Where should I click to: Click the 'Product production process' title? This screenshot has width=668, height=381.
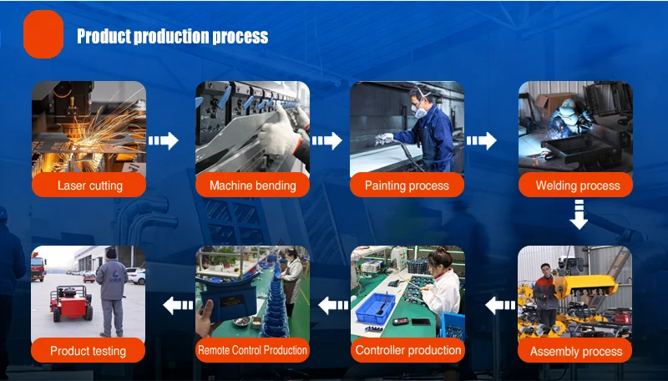pyautogui.click(x=173, y=36)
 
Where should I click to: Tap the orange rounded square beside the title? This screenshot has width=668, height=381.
pyautogui.click(x=43, y=34)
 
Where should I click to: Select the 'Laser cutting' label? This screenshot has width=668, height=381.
pyautogui.click(x=90, y=185)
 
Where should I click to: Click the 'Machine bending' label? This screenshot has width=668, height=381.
pyautogui.click(x=253, y=185)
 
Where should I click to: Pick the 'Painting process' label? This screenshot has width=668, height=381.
pyautogui.click(x=407, y=185)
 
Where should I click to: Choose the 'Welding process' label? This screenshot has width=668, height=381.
pyautogui.click(x=578, y=185)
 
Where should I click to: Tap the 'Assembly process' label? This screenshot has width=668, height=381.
pyautogui.click(x=576, y=352)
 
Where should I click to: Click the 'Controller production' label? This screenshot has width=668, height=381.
pyautogui.click(x=408, y=350)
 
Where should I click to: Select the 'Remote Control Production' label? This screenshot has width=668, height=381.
pyautogui.click(x=252, y=350)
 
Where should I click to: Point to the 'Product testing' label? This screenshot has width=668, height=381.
pyautogui.click(x=88, y=351)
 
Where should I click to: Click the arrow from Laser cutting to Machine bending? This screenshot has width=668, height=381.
pyautogui.click(x=163, y=140)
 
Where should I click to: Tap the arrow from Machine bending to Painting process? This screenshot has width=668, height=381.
pyautogui.click(x=326, y=140)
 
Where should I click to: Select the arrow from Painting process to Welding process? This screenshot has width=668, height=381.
pyautogui.click(x=482, y=140)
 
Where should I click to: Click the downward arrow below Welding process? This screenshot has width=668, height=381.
pyautogui.click(x=579, y=215)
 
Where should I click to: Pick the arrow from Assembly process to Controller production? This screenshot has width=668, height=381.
pyautogui.click(x=500, y=305)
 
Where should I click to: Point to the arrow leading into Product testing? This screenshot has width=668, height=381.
pyautogui.click(x=178, y=305)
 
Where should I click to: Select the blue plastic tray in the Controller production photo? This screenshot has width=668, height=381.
pyautogui.click(x=376, y=307)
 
